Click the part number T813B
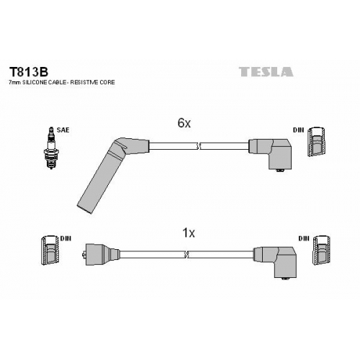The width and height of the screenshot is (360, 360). (29, 71)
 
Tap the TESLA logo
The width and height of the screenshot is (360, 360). (266, 72)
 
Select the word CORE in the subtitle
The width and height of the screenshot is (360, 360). (107, 82)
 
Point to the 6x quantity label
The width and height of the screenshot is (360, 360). (184, 123)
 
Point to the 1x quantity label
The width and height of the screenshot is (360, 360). (189, 233)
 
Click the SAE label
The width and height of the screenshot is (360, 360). (63, 130)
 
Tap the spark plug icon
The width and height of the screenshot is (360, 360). (51, 148)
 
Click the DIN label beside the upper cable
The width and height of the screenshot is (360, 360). (298, 130)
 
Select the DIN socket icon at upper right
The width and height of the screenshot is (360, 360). (317, 142)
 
